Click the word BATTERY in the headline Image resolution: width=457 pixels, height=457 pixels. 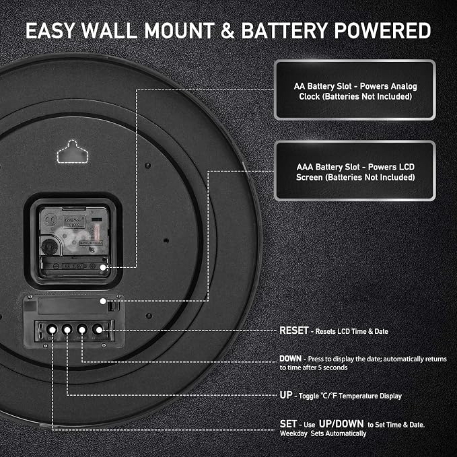[285, 31]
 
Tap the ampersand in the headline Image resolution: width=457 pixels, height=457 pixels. [228, 31]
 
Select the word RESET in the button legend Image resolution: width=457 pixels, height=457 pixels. [293, 330]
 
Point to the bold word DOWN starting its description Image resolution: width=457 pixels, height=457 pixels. [290, 359]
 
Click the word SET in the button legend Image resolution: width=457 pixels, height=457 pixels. [288, 424]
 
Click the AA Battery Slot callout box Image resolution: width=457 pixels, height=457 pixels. [355, 90]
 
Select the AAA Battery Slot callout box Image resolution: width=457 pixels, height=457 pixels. [355, 171]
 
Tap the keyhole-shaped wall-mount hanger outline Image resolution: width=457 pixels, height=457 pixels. [73, 151]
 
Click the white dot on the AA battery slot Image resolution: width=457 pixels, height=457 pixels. [103, 267]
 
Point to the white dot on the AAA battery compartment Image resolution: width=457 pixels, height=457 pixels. [103, 302]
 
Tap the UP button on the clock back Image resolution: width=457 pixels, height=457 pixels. [67, 330]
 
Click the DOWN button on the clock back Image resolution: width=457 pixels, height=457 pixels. [82, 330]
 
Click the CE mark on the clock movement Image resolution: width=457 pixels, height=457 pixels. [50, 220]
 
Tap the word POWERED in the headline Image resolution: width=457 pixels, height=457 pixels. [383, 31]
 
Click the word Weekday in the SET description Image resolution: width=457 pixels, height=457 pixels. [293, 433]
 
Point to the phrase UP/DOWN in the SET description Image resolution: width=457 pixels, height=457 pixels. [341, 424]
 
